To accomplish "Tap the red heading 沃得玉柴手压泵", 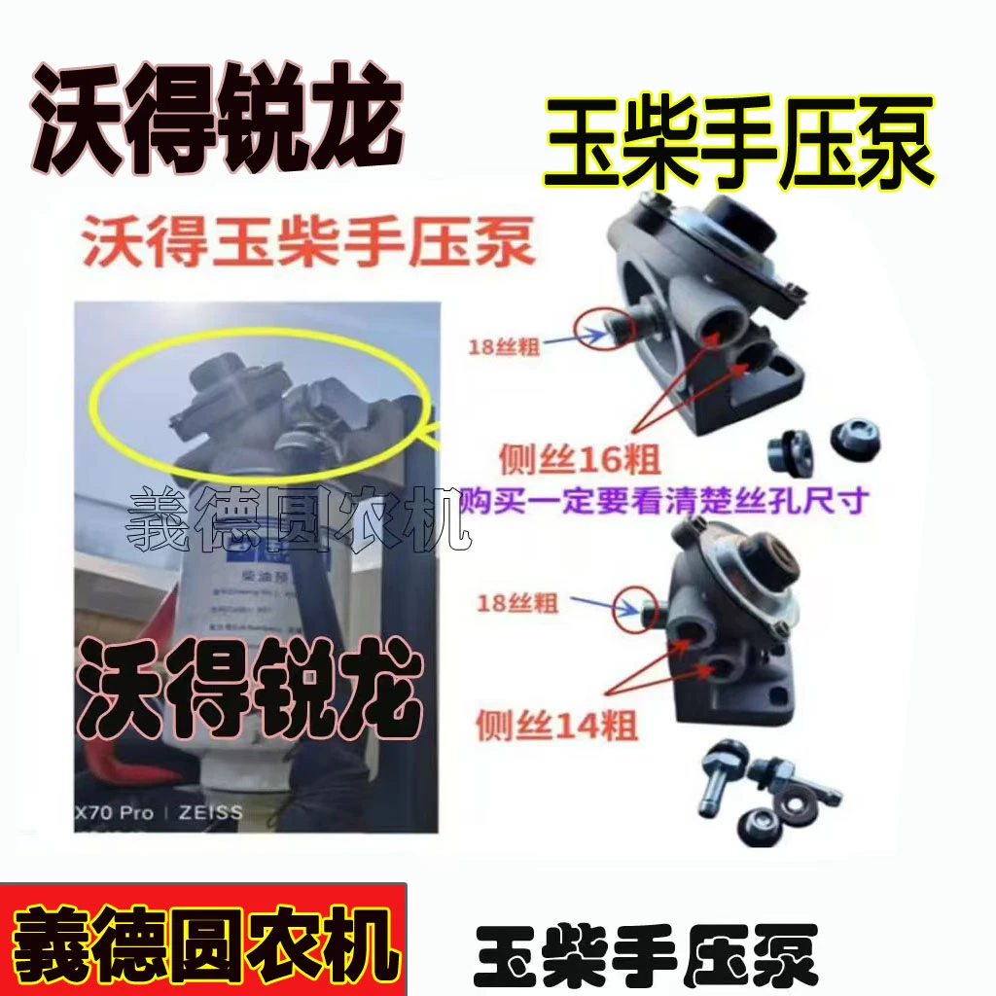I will (309, 244).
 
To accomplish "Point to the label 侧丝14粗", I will (557, 725).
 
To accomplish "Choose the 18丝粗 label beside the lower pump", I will (517, 604).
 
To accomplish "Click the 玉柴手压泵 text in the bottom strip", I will (646, 955).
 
